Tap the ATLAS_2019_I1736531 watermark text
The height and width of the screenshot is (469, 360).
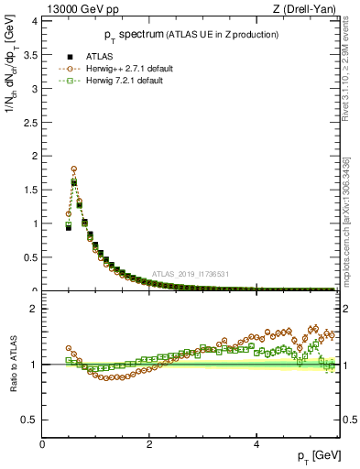point(191,274)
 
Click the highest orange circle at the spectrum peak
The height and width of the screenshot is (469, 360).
point(73,169)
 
